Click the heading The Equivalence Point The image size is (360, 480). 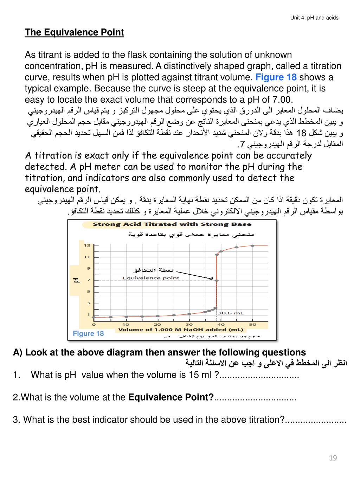click(x=74, y=32)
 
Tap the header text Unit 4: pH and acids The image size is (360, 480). click(x=314, y=18)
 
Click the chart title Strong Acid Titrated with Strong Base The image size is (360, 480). click(x=172, y=224)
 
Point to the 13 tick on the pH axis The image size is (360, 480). click(x=86, y=245)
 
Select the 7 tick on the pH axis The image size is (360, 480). click(x=89, y=280)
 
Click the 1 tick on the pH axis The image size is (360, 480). click(x=89, y=314)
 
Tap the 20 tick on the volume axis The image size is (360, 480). click(x=157, y=324)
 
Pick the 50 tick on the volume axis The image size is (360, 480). click(x=253, y=324)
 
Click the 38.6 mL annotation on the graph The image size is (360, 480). click(x=231, y=313)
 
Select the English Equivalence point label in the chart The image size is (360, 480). click(x=151, y=278)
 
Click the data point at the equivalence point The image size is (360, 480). click(x=217, y=280)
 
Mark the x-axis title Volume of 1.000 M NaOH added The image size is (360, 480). click(x=181, y=330)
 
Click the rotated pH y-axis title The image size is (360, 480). click(x=76, y=280)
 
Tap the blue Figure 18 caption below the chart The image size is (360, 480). click(x=88, y=334)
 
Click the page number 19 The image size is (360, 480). click(x=333, y=458)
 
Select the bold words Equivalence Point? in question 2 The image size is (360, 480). click(x=171, y=397)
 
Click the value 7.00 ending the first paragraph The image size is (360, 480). click(x=281, y=100)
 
